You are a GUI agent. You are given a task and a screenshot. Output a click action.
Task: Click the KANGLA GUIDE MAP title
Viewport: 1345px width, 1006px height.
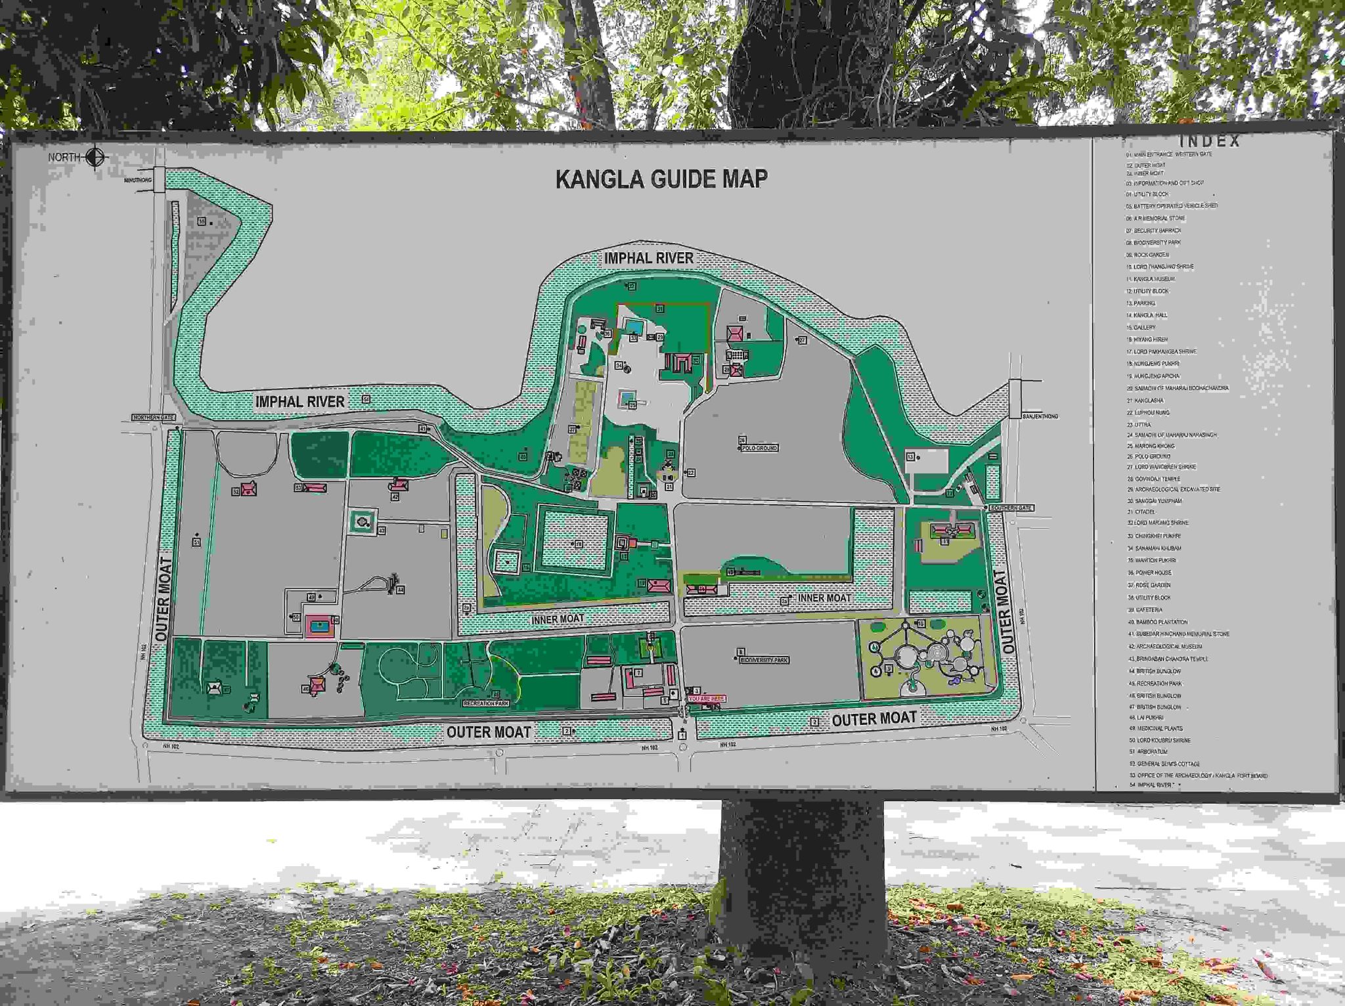(661, 179)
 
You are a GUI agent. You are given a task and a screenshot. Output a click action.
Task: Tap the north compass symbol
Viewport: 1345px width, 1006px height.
(96, 157)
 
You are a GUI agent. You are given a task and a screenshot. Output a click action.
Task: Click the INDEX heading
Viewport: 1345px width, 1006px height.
(1210, 141)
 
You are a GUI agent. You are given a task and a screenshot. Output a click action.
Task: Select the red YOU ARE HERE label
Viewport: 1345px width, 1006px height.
(707, 699)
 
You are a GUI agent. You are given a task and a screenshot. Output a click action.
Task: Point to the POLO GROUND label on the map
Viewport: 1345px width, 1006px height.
(760, 448)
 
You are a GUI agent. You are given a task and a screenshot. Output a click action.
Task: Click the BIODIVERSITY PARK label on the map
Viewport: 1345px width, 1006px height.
(764, 660)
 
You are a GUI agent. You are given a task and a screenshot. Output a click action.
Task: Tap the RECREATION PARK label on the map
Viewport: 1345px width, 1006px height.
(486, 703)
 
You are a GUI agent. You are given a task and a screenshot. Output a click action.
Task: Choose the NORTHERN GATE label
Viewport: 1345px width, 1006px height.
(154, 418)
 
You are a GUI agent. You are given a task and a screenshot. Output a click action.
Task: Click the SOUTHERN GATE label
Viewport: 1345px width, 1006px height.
(1011, 508)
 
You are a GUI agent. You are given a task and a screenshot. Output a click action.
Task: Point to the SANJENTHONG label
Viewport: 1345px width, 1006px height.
(1040, 416)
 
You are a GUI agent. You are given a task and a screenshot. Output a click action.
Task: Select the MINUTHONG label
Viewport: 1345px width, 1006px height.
(138, 180)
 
